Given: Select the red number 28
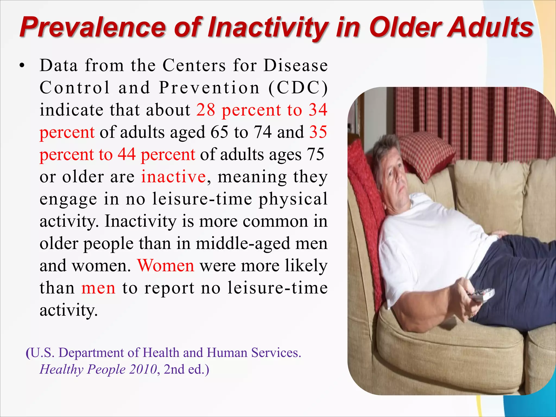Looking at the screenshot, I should (x=206, y=110).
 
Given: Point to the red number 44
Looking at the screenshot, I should (x=127, y=154).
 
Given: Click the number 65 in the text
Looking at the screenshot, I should (x=219, y=132).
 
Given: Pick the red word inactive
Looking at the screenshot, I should (x=173, y=177).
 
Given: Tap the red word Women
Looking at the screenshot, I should (x=166, y=266).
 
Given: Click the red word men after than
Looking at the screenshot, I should (x=98, y=288).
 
